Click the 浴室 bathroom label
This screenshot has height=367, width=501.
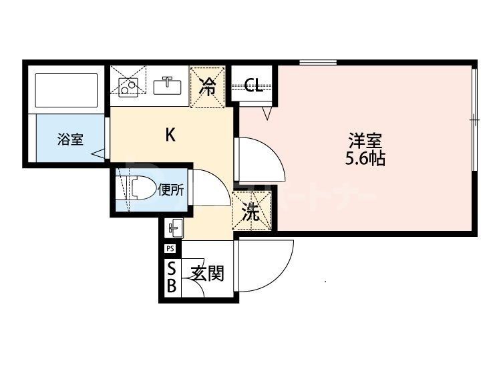click(70, 140)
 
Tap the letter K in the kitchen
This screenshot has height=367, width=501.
click(170, 135)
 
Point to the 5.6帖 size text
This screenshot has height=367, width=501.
click(365, 159)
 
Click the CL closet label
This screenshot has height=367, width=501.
click(253, 85)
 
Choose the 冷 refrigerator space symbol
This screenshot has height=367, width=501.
click(208, 86)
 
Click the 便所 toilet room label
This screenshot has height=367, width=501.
click(171, 190)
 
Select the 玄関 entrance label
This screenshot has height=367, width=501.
click(206, 273)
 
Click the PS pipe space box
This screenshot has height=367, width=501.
click(170, 250)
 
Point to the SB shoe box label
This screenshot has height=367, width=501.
click(171, 278)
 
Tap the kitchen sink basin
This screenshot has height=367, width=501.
click(166, 86)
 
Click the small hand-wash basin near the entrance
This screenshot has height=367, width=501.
click(175, 228)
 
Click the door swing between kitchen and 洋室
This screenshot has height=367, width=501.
click(264, 160)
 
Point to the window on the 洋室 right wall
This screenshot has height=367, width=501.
click(474, 120)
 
